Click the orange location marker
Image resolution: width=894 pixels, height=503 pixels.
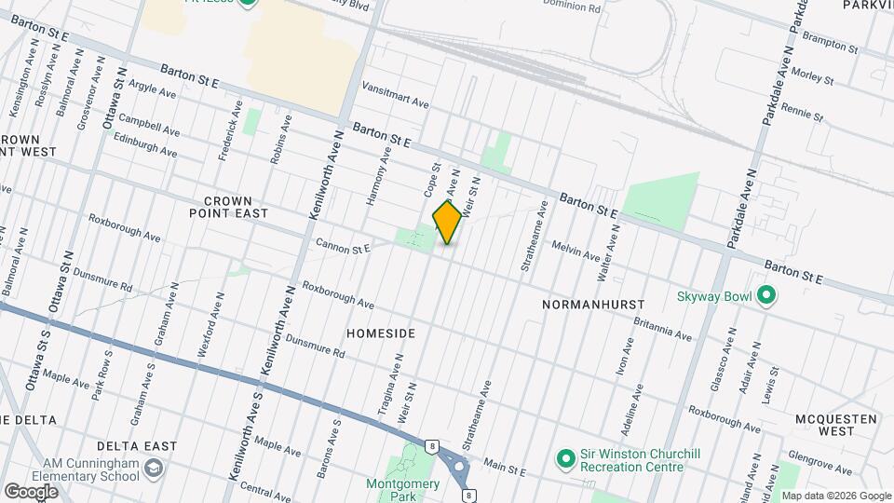[447, 222]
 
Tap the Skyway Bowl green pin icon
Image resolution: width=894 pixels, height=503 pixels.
[766, 296]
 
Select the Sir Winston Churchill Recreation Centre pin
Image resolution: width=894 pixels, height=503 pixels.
[564, 458]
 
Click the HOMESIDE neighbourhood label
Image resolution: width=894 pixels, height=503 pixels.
[380, 333]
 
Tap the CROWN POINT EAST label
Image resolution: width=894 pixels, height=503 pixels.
[236, 207]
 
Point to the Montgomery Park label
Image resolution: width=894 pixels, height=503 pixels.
[402, 490]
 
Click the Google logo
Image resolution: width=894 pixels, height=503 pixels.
[31, 491]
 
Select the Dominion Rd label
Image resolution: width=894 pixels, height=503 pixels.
[576, 7]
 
